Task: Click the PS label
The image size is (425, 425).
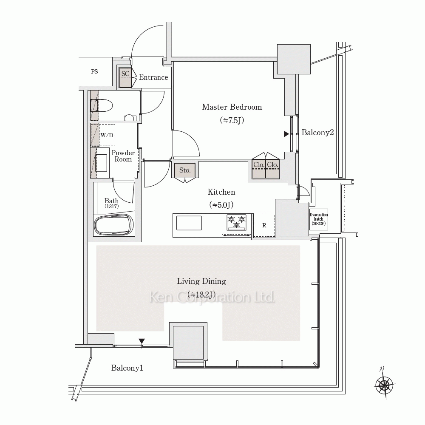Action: (x=94, y=71)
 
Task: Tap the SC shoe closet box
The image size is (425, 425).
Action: (x=125, y=77)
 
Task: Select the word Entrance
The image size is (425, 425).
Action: (x=153, y=77)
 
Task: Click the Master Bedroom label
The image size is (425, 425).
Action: (x=232, y=107)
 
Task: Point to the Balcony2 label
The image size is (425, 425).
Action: (x=317, y=133)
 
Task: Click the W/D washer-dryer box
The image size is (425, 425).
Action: (x=107, y=135)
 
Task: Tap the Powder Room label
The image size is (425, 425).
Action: (x=123, y=156)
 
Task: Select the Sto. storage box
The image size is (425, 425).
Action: (x=185, y=170)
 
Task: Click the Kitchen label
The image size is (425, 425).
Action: (x=221, y=192)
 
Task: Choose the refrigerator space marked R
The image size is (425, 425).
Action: (x=264, y=225)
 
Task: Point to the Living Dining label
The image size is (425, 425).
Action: (x=201, y=281)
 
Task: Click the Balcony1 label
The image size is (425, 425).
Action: (x=127, y=368)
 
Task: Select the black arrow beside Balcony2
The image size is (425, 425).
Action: (x=286, y=134)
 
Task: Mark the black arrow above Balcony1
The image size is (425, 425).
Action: (x=142, y=341)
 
